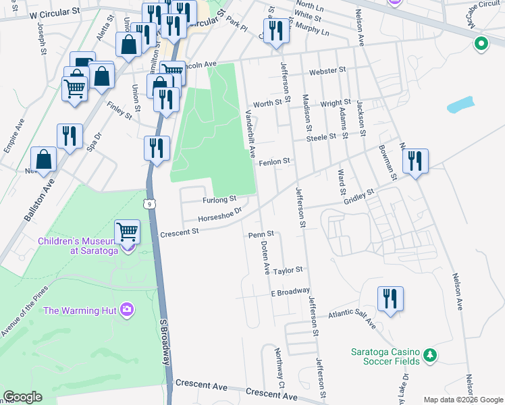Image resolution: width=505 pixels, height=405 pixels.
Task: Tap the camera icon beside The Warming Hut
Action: pyautogui.click(x=126, y=310)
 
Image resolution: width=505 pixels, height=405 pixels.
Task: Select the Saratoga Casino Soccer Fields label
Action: pyautogui.click(x=386, y=356)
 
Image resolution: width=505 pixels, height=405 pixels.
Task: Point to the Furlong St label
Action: pyautogui.click(x=218, y=200)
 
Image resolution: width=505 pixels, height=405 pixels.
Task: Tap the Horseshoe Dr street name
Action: pyautogui.click(x=219, y=216)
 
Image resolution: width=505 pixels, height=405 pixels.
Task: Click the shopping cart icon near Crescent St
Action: pyautogui.click(x=127, y=232)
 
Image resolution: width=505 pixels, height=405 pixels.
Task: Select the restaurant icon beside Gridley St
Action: pyautogui.click(x=414, y=161)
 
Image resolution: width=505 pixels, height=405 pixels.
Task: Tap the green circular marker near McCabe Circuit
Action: pyautogui.click(x=481, y=45)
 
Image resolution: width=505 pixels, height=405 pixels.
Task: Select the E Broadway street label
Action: pyautogui.click(x=290, y=292)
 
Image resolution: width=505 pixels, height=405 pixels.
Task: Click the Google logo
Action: pyautogui.click(x=22, y=397)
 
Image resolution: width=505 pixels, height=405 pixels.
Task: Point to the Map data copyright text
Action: pyautogui.click(x=462, y=400)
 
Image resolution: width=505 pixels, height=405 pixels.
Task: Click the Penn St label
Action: pyautogui.click(x=259, y=234)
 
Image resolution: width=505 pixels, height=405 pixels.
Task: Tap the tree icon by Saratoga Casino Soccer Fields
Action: pyautogui.click(x=429, y=354)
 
